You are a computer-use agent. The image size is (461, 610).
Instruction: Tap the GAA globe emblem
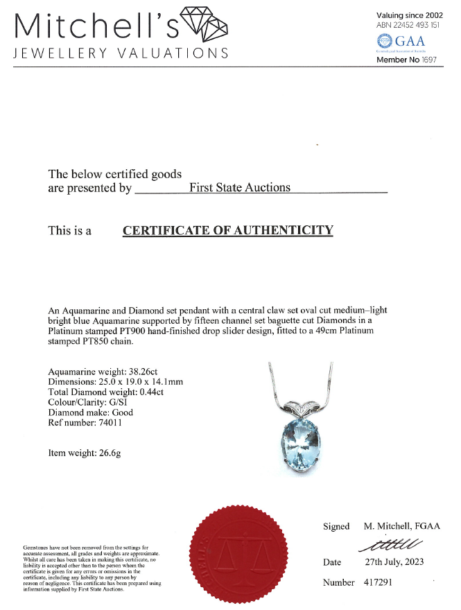point(383,41)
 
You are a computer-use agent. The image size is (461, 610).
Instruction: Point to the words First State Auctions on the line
point(240,188)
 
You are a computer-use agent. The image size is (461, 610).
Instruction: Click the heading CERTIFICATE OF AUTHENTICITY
point(228,231)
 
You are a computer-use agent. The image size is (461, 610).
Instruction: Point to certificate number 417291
point(378,582)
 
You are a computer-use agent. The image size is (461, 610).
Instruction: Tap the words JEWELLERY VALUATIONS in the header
point(121,54)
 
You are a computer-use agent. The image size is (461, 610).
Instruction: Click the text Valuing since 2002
point(408,15)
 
